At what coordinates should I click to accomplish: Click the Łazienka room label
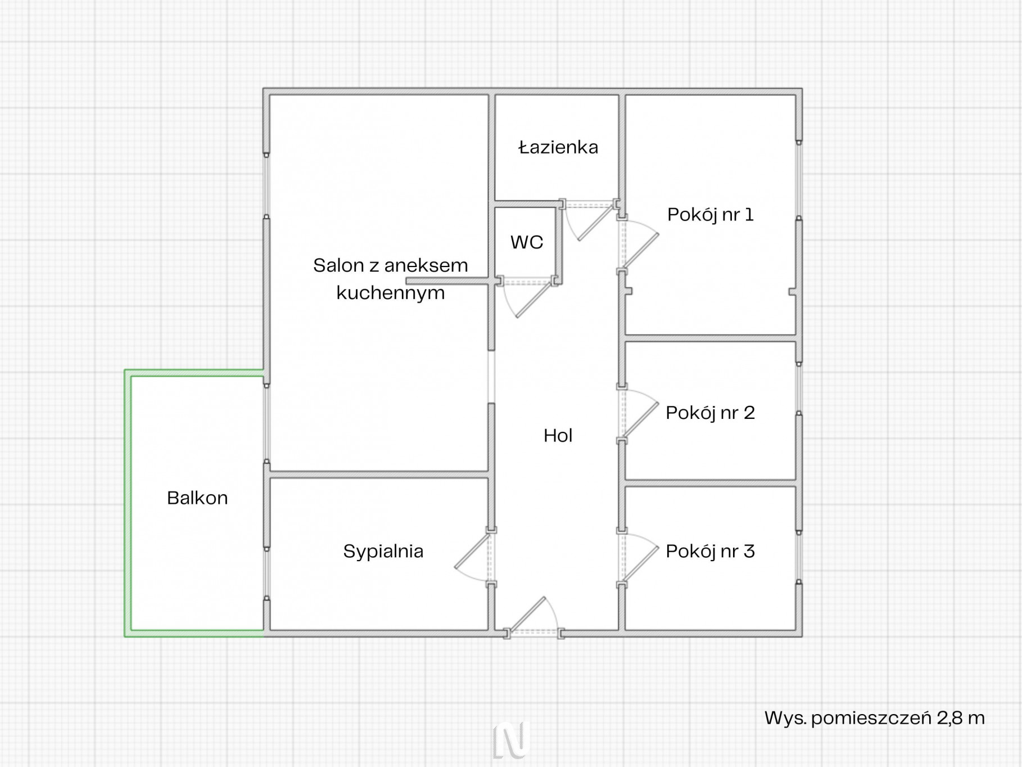558,147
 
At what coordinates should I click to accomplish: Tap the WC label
527,242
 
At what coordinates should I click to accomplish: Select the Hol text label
558,435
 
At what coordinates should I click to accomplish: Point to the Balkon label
197,498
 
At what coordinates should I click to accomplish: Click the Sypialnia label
383,551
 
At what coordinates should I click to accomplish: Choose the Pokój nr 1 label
711,214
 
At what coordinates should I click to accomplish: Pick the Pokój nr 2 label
711,413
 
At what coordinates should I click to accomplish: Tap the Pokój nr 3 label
711,551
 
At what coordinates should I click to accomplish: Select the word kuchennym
391,293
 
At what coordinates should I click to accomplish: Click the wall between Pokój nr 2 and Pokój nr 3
711,483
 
